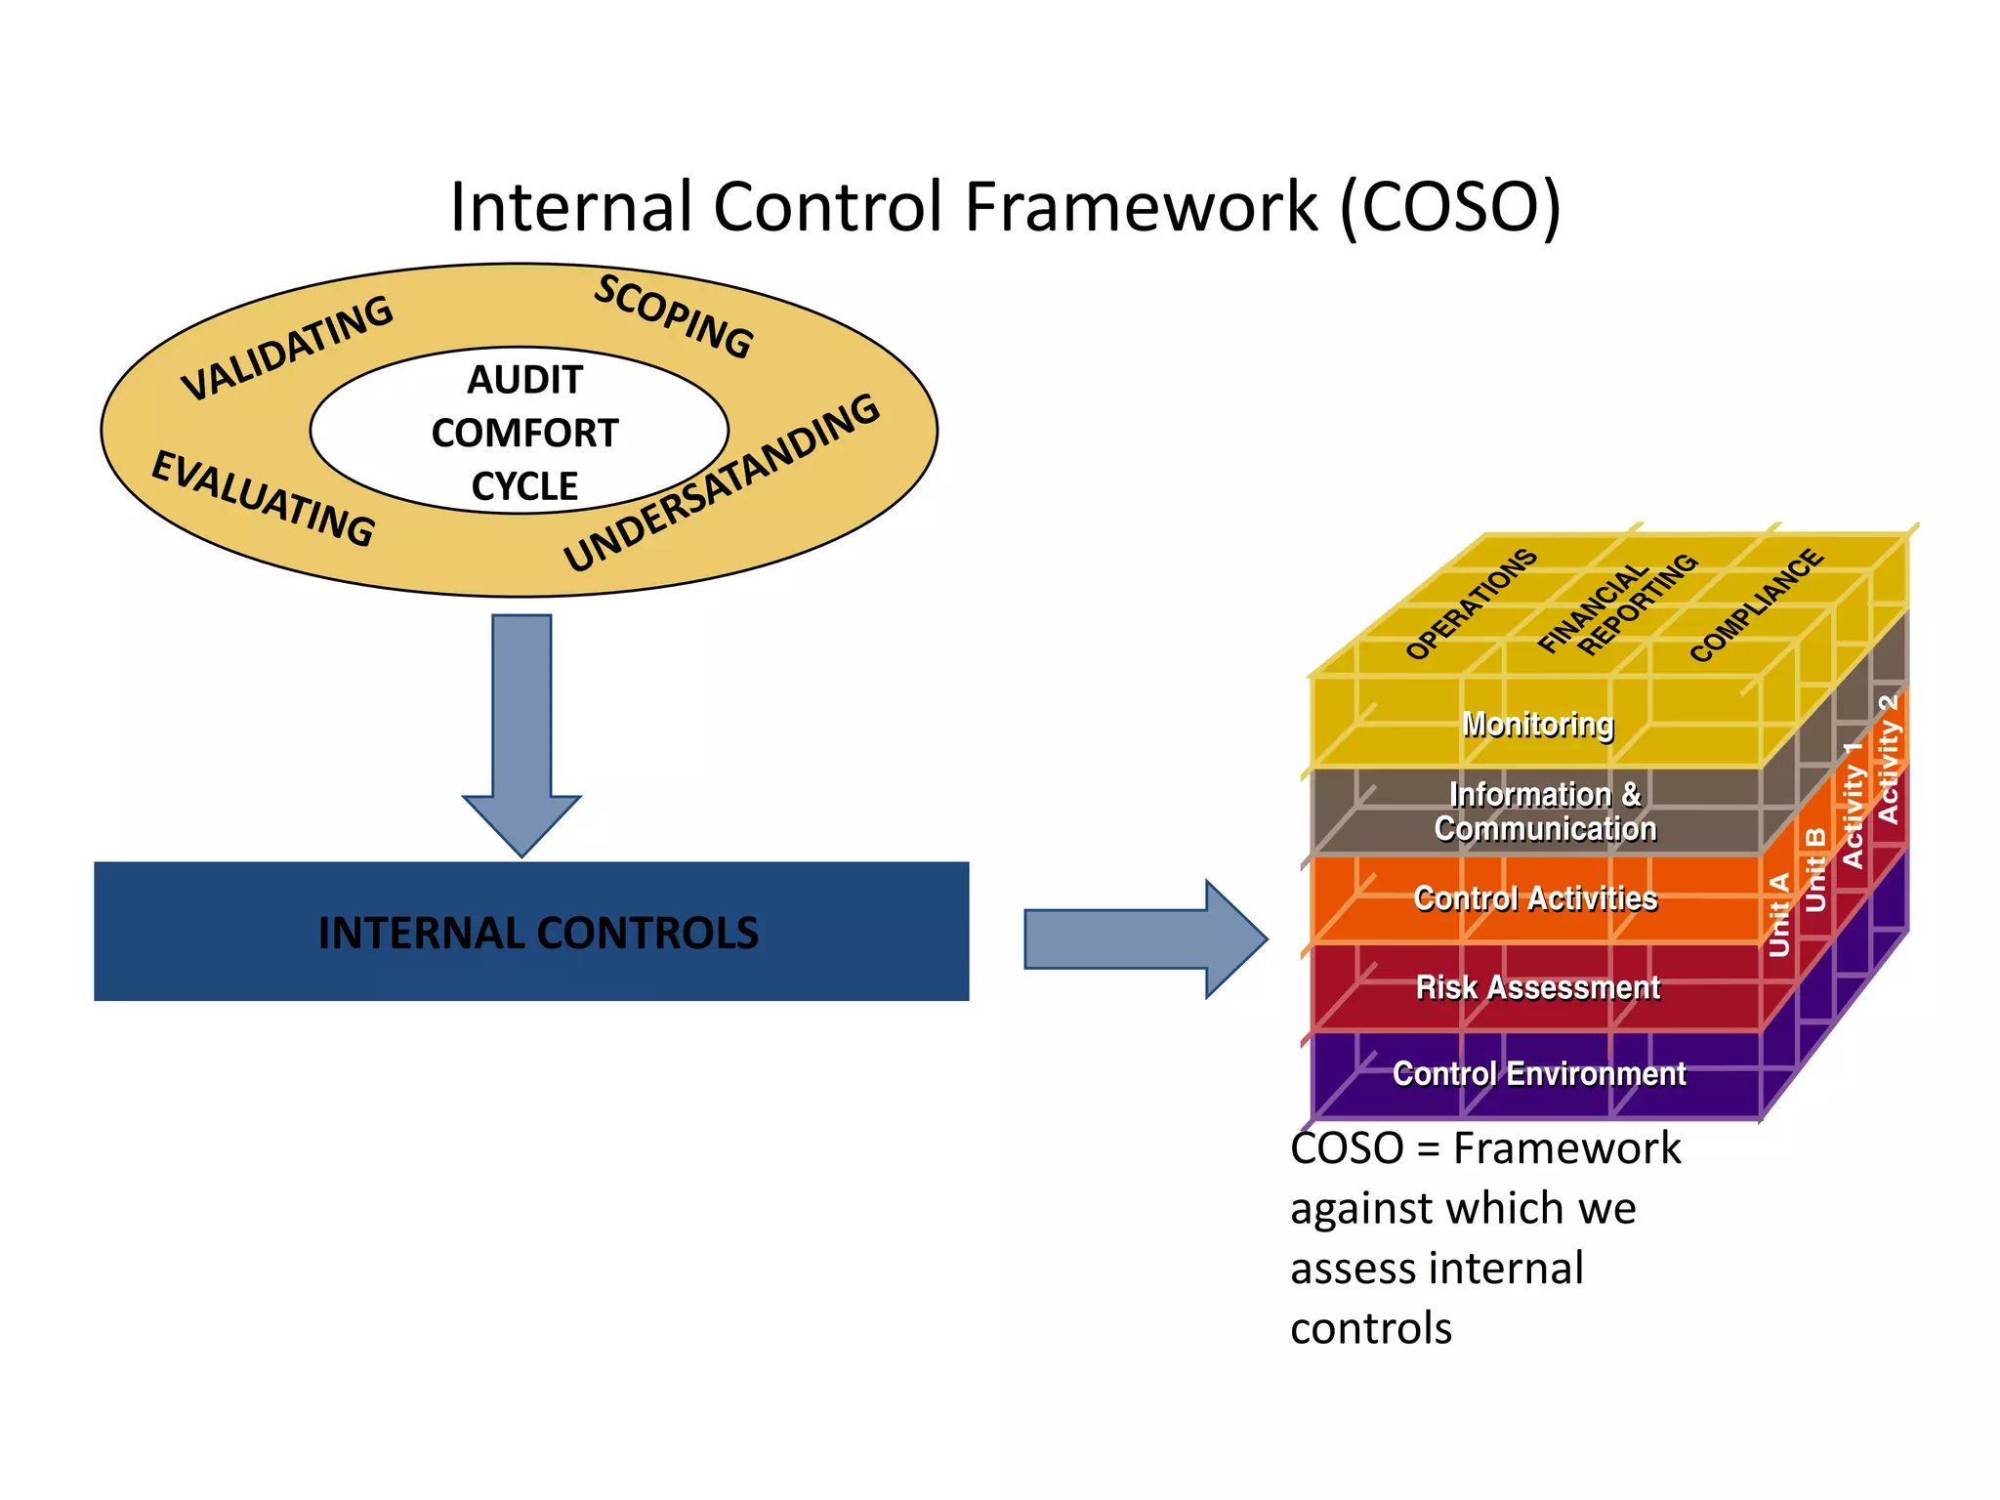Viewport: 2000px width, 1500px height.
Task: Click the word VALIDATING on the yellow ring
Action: [288, 347]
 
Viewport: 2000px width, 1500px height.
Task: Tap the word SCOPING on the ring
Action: [674, 316]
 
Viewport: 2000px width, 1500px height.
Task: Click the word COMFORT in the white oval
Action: [524, 433]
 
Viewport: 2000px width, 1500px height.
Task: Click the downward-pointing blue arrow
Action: [521, 732]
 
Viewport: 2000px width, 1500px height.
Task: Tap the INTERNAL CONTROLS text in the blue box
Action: [538, 933]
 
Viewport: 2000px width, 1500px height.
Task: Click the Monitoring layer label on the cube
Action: [1537, 725]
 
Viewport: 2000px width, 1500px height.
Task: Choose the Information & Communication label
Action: [1545, 812]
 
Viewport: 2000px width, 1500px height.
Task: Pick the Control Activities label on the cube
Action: [1535, 898]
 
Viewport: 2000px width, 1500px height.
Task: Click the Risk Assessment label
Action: [1537, 987]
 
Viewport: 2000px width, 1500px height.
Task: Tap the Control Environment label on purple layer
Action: [1539, 1073]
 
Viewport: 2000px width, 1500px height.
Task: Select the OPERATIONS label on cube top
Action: [1471, 604]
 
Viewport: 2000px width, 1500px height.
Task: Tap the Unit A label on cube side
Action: [1779, 914]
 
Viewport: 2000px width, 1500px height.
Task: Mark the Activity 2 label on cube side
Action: [1889, 759]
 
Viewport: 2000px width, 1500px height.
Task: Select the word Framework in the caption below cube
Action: [1566, 1147]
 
